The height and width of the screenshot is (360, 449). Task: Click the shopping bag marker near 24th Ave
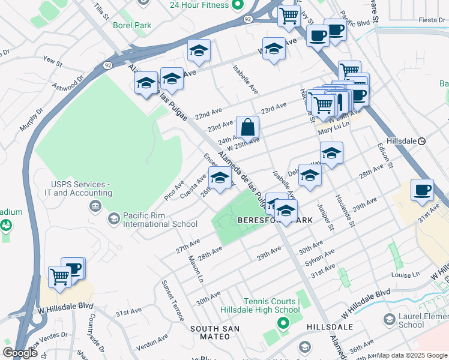pyautogui.click(x=247, y=128)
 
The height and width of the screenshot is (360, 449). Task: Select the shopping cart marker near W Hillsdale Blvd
pyautogui.click(x=59, y=277)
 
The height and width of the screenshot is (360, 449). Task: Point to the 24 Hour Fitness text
pyautogui.click(x=199, y=5)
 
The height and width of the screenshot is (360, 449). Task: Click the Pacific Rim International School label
pyautogui.click(x=160, y=220)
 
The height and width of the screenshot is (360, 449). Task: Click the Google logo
pyautogui.click(x=20, y=353)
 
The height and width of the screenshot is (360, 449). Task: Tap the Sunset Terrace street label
pyautogui.click(x=170, y=298)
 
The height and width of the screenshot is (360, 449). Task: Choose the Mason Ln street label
pyautogui.click(x=196, y=269)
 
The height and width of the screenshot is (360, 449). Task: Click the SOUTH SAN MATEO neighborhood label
pyautogui.click(x=215, y=332)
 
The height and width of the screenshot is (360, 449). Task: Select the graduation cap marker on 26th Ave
pyautogui.click(x=220, y=178)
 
